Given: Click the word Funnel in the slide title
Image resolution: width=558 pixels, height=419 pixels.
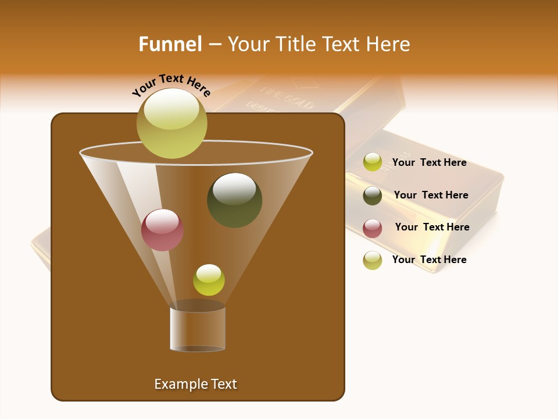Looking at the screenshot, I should pyautogui.click(x=170, y=44).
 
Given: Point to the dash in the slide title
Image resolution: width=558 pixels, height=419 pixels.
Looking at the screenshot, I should pyautogui.click(x=214, y=45).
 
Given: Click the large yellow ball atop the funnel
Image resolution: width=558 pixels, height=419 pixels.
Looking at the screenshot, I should pyautogui.click(x=171, y=123).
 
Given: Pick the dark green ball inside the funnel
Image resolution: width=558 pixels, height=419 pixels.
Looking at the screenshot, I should pyautogui.click(x=234, y=200).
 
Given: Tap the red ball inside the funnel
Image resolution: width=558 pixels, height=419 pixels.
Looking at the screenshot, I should pyautogui.click(x=162, y=230).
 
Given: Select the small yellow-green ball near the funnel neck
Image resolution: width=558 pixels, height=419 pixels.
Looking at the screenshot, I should pyautogui.click(x=209, y=280).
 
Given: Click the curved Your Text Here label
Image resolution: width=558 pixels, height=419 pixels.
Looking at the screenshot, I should pyautogui.click(x=171, y=85).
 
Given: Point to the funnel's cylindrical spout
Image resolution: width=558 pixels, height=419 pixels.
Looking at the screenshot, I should pyautogui.click(x=198, y=329).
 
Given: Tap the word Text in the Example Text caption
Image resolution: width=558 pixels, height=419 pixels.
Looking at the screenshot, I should pyautogui.click(x=223, y=384).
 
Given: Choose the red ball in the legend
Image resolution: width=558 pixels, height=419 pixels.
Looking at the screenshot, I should pyautogui.click(x=373, y=228).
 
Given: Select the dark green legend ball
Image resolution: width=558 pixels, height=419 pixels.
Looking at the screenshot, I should pyautogui.click(x=373, y=196).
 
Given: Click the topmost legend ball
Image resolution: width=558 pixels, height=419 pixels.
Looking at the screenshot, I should pyautogui.click(x=373, y=162).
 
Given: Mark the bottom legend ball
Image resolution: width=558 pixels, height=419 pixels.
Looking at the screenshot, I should pyautogui.click(x=373, y=260).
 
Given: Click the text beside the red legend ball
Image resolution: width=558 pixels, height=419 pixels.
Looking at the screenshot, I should pyautogui.click(x=432, y=227).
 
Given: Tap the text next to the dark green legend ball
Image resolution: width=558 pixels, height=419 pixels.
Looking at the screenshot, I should pyautogui.click(x=431, y=195).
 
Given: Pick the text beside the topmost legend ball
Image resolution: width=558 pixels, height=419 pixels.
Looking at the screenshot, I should pyautogui.click(x=429, y=162).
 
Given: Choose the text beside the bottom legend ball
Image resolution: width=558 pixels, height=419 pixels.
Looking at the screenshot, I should pyautogui.click(x=429, y=260).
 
